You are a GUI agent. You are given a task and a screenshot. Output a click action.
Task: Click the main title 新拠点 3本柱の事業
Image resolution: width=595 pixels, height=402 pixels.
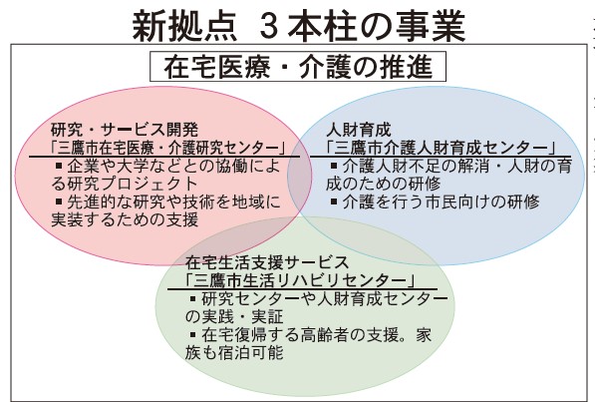pos(298,26)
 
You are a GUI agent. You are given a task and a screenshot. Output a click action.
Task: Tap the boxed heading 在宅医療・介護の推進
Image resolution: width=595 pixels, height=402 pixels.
pos(298,67)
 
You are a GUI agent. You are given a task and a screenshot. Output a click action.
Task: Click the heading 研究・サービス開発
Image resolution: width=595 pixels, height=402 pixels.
pos(125,130)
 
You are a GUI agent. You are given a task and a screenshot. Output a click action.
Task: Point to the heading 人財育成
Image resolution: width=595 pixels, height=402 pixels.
pos(358,130)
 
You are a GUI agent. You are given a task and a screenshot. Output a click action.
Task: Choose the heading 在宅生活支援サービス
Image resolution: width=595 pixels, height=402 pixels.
pos(266,262)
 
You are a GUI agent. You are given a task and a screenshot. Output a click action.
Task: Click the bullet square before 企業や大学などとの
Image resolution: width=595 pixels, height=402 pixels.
pos(59,166)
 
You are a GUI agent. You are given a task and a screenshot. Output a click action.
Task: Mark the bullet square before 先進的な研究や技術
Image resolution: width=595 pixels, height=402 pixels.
pos(59,201)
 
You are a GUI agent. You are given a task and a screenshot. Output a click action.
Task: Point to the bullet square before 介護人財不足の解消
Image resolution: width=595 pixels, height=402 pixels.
pos(334,166)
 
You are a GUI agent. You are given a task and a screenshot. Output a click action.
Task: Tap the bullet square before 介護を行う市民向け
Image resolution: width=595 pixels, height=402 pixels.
pos(334,201)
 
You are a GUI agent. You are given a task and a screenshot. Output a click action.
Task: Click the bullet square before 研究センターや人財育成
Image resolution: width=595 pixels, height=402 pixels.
pos(193,298)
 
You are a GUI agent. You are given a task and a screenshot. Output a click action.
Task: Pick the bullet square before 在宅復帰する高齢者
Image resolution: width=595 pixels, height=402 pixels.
pos(193,335)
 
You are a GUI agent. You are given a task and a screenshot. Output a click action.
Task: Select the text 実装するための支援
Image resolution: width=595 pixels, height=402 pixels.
pos(125,220)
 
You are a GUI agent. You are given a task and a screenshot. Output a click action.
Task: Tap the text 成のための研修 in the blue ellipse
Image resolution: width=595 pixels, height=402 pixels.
pos(384,184)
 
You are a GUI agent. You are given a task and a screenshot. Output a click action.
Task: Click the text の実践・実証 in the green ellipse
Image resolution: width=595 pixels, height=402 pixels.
pos(234,317)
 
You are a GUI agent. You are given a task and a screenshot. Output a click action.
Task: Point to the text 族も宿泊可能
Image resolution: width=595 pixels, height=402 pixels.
pos(234,353)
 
